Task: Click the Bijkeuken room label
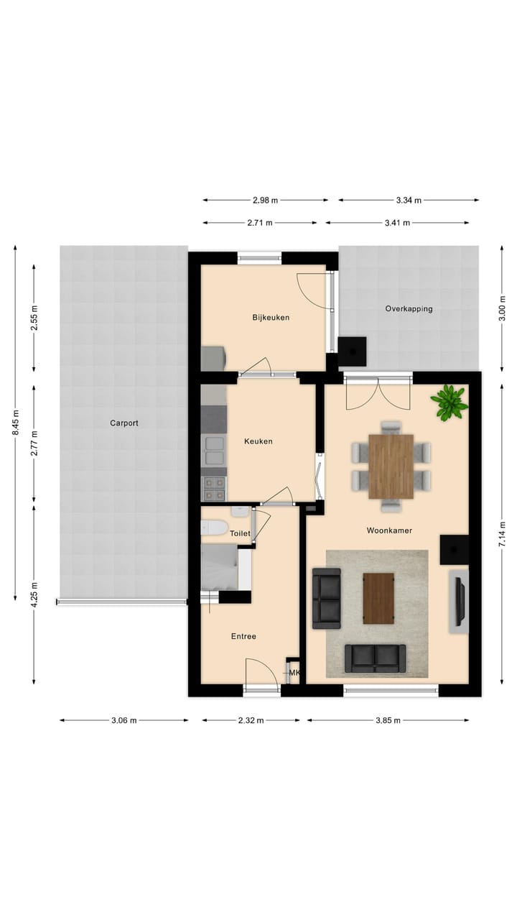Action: [x=271, y=317]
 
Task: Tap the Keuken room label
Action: [x=258, y=441]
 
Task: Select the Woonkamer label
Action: [x=388, y=530]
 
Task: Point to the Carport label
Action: [x=124, y=423]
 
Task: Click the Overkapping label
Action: [x=409, y=308]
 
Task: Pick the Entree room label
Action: [x=243, y=636]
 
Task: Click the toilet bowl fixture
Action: [x=214, y=528]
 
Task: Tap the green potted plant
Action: [x=450, y=402]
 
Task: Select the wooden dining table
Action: [x=391, y=466]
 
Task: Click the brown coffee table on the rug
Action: [x=378, y=598]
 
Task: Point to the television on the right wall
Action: [x=458, y=601]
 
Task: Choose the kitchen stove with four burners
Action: [x=213, y=489]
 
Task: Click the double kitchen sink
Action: [x=213, y=451]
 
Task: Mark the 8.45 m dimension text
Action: [x=16, y=423]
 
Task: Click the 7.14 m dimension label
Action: [x=502, y=533]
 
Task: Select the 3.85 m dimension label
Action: [x=388, y=720]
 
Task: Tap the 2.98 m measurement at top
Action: [x=265, y=200]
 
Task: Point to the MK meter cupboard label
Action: [x=294, y=673]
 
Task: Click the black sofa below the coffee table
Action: [x=375, y=658]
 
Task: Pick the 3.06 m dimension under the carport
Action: [x=124, y=720]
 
